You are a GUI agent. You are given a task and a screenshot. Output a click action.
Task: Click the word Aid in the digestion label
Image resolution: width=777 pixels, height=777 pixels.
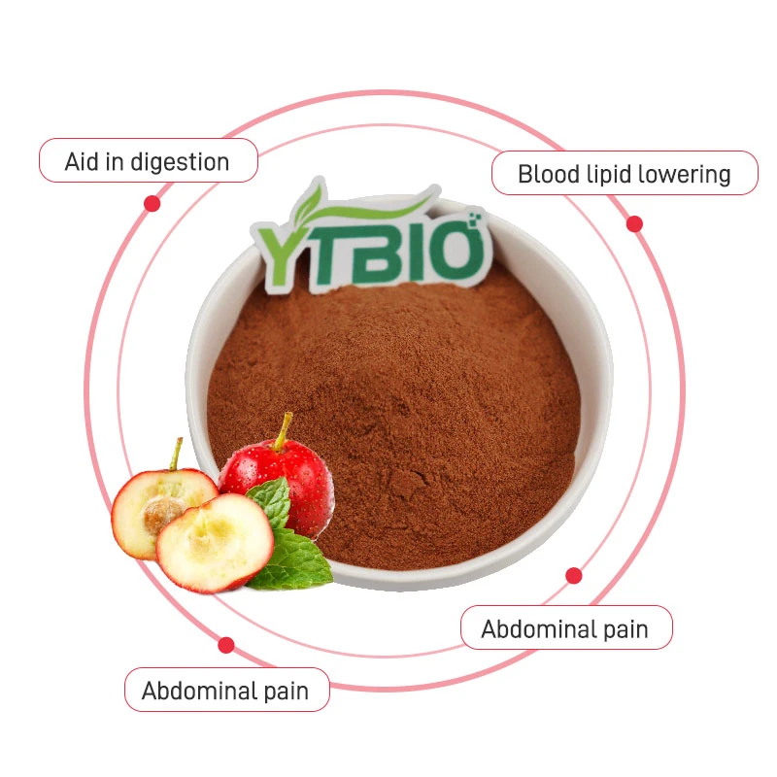(x=82, y=162)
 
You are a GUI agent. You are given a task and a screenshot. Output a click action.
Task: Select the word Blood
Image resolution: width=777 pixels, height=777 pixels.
(x=549, y=175)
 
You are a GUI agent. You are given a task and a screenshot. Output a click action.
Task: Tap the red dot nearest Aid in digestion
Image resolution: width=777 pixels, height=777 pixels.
(x=152, y=203)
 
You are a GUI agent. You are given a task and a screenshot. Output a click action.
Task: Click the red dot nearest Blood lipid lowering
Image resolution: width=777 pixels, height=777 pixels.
(x=634, y=224)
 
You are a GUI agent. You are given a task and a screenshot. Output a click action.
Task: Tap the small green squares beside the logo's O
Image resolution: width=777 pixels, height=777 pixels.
(x=476, y=218)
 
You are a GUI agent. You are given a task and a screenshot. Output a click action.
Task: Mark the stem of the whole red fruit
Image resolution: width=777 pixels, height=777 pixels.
(x=283, y=431)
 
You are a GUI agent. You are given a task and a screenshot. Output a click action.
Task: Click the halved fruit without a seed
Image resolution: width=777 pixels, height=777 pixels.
(x=215, y=543)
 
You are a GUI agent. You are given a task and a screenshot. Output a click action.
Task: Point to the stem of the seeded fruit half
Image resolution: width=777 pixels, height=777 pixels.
(x=176, y=454)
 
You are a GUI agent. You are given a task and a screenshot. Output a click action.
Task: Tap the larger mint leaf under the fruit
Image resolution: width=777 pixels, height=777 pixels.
(x=292, y=560)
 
